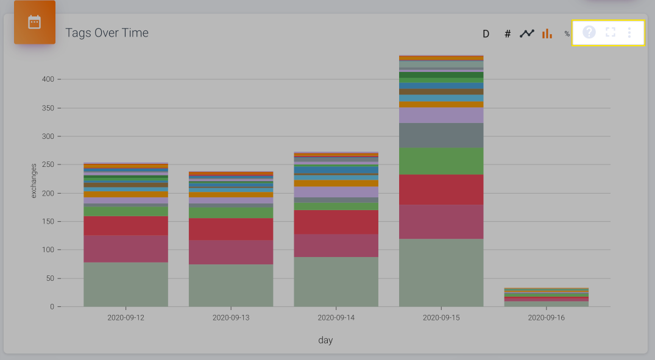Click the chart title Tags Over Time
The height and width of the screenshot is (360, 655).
(x=107, y=33)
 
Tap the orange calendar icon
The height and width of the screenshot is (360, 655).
(x=35, y=23)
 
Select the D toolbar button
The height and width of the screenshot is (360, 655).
(x=486, y=34)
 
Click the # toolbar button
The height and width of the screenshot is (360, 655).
(x=508, y=34)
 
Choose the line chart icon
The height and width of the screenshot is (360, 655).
(x=527, y=34)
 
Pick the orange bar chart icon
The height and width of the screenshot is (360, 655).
(x=547, y=34)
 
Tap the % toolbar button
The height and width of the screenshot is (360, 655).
(x=567, y=34)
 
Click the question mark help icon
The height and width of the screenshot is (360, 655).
(x=589, y=32)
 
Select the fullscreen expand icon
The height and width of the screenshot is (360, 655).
(x=611, y=32)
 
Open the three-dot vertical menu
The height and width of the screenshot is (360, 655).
(x=629, y=32)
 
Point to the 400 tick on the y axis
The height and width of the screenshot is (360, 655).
(x=48, y=79)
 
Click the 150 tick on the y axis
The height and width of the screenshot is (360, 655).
(x=48, y=222)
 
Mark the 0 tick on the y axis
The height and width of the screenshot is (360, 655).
(x=52, y=307)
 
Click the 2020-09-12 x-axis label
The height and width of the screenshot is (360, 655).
(x=126, y=318)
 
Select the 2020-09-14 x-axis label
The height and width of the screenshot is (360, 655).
(x=336, y=318)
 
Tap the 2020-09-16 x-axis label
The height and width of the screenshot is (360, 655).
(x=546, y=318)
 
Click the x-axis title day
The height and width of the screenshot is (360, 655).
(x=325, y=340)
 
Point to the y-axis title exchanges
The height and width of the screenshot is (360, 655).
(x=34, y=180)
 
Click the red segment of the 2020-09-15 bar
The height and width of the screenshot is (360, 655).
(x=441, y=189)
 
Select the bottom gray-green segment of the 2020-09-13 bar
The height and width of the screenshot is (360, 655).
(x=231, y=285)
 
